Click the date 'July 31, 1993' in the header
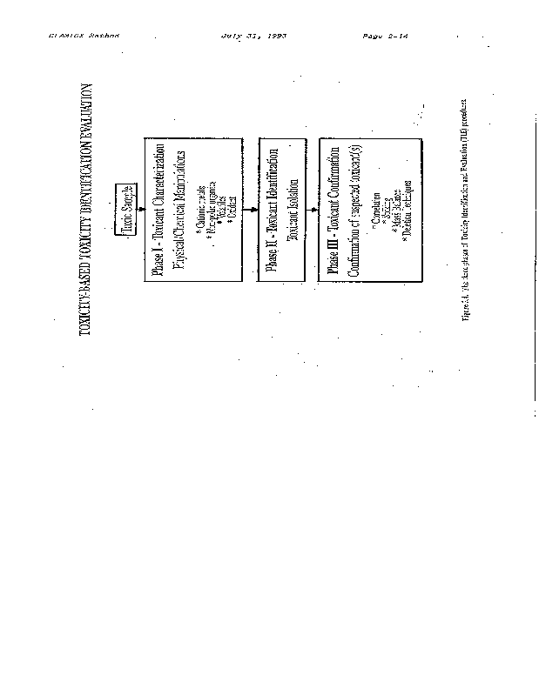pyautogui.click(x=254, y=37)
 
